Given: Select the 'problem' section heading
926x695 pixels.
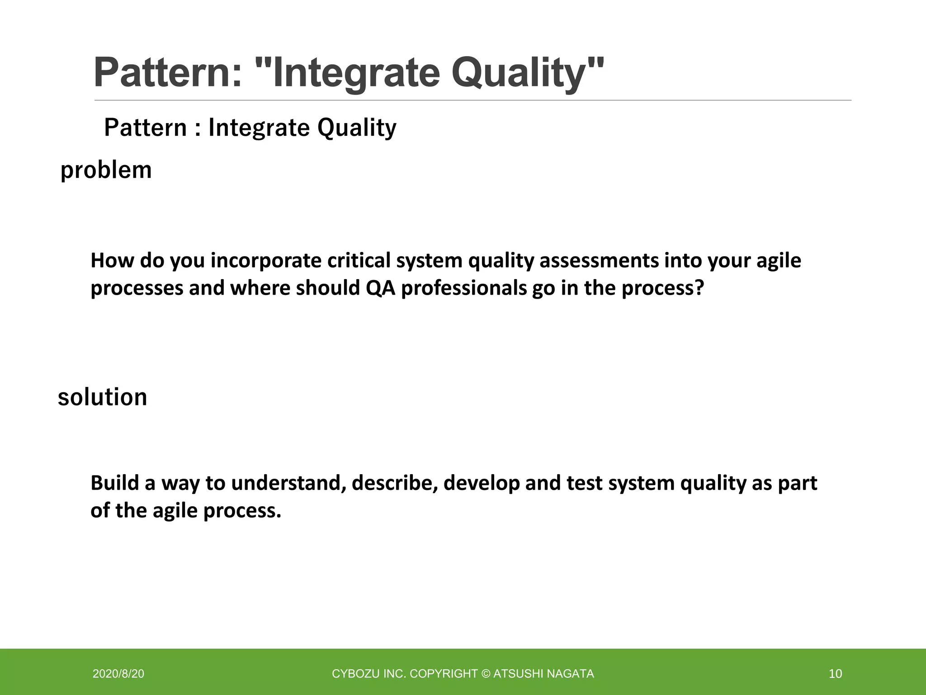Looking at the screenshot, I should pyautogui.click(x=106, y=171).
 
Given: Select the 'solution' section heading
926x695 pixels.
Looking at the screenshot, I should pyautogui.click(x=103, y=397).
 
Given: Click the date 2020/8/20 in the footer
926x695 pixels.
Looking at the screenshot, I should pyautogui.click(x=118, y=674).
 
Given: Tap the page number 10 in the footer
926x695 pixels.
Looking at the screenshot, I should pyautogui.click(x=835, y=674).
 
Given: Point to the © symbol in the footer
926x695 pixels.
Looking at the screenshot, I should pyautogui.click(x=486, y=674).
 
